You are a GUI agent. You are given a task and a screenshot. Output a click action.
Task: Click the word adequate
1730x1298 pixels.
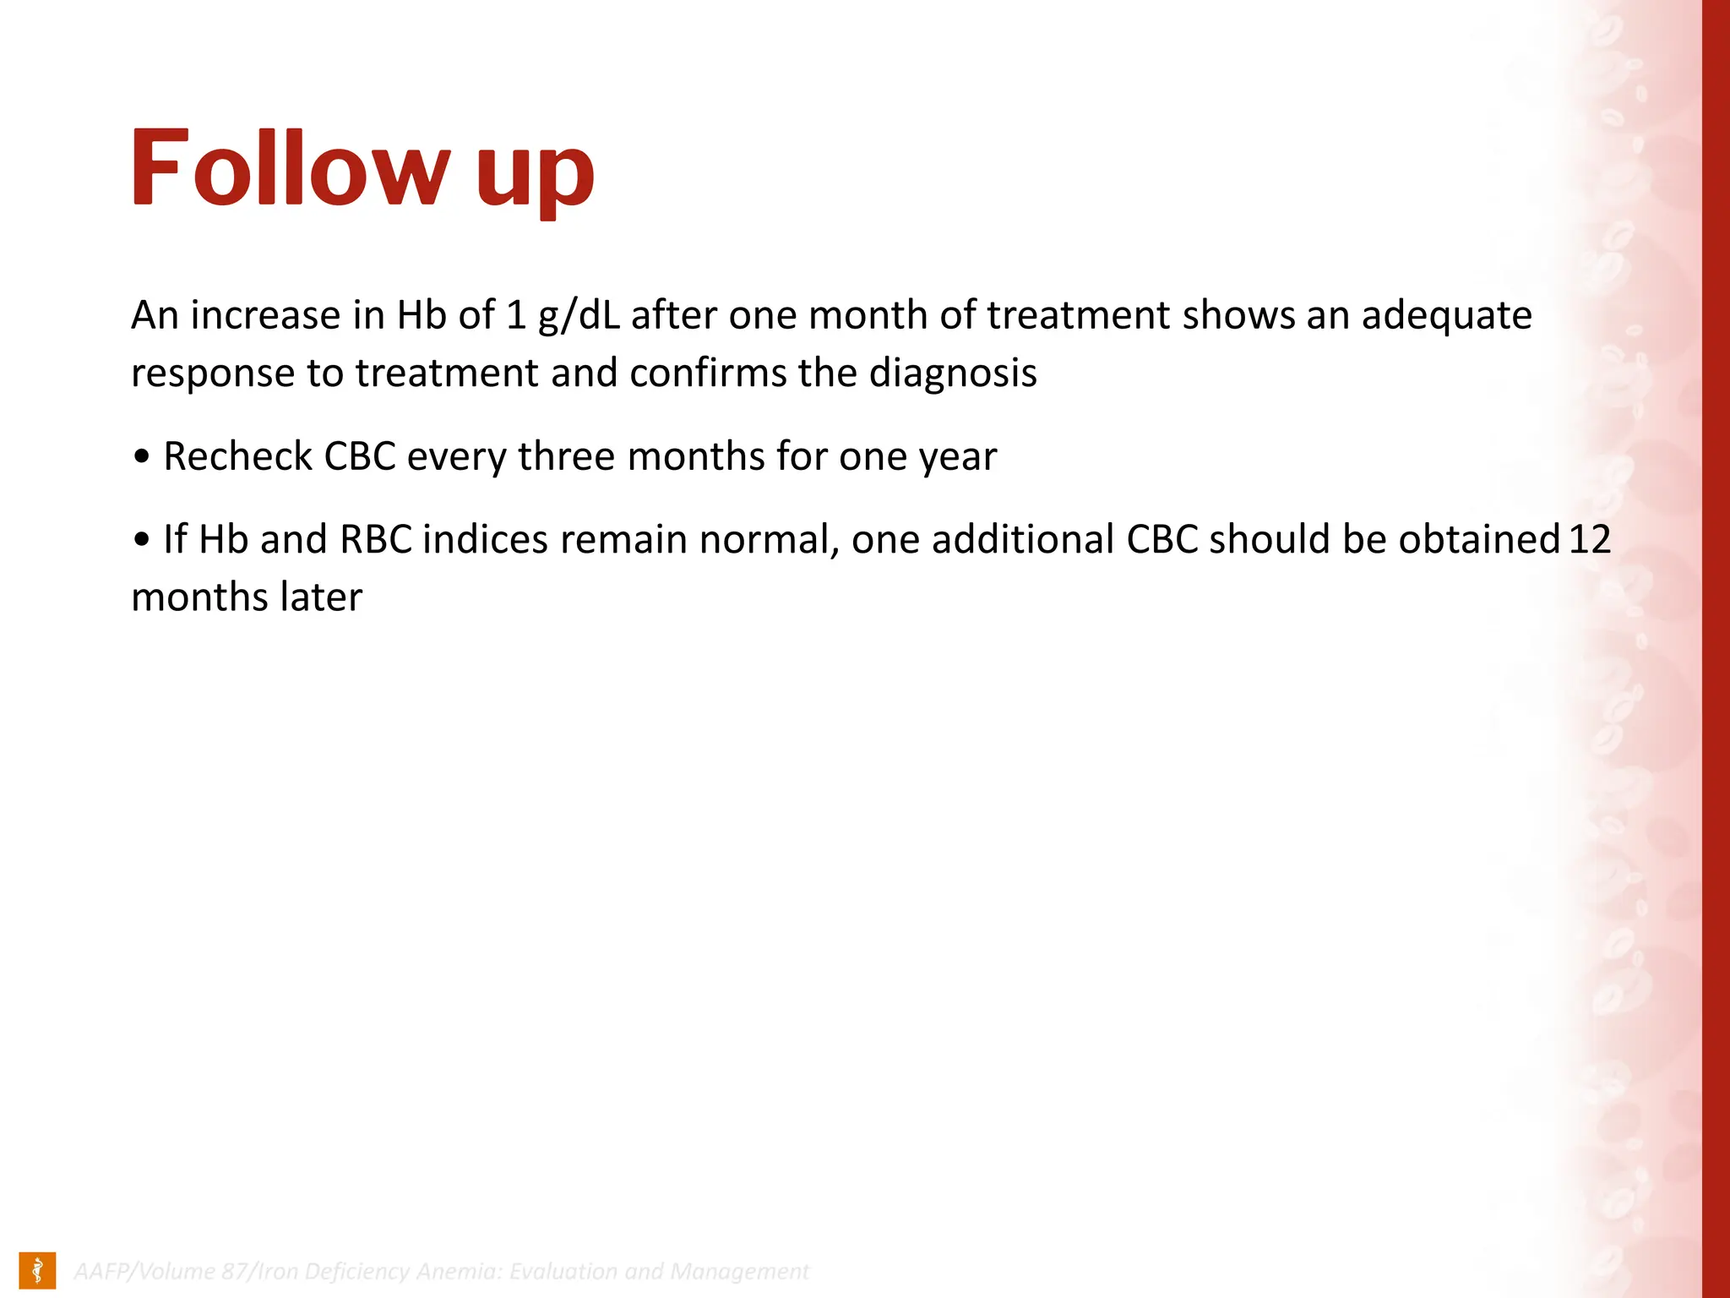coord(1446,316)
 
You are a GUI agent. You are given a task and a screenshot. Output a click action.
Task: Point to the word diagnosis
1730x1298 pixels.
coord(952,374)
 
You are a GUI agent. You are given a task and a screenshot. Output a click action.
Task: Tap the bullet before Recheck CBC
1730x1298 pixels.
coord(142,457)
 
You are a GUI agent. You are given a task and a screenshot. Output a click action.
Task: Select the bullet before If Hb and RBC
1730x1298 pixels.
coord(142,540)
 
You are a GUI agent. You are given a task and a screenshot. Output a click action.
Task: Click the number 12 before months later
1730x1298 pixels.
coord(1590,540)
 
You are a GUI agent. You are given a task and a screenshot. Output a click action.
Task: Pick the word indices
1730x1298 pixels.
coord(486,540)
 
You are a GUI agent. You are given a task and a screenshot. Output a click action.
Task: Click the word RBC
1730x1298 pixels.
coord(376,540)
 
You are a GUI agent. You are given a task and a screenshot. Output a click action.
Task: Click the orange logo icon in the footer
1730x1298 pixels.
coord(37,1270)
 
